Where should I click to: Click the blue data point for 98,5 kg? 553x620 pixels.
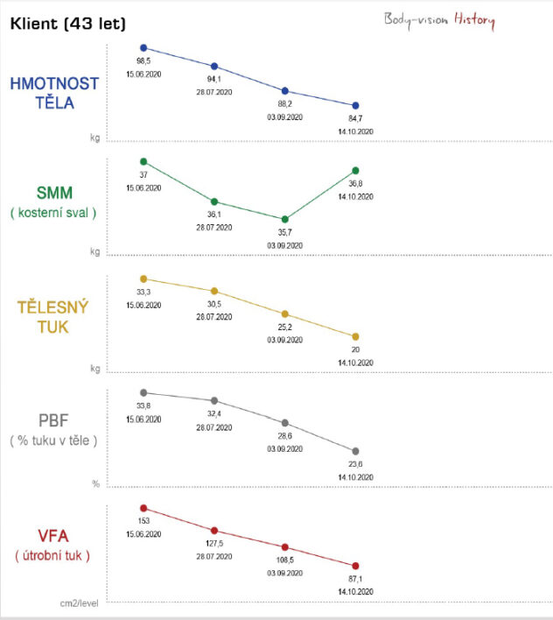[x=143, y=48]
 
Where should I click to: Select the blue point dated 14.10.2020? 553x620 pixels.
[x=355, y=106]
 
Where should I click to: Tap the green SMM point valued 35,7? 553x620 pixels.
[x=284, y=219]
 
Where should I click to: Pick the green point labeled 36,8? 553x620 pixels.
[x=355, y=170]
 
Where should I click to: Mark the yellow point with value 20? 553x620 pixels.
[x=355, y=336]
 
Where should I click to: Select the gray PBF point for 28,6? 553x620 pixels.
[x=284, y=423]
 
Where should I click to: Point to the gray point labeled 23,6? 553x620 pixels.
[x=355, y=452]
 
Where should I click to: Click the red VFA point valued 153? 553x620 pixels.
[x=143, y=508]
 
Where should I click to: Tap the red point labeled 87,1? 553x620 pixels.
[x=355, y=566]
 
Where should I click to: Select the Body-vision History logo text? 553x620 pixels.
[x=438, y=20]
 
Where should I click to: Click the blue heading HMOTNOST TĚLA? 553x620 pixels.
[x=54, y=93]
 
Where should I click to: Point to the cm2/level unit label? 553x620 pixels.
[x=80, y=603]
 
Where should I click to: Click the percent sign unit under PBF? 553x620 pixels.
[x=96, y=483]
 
